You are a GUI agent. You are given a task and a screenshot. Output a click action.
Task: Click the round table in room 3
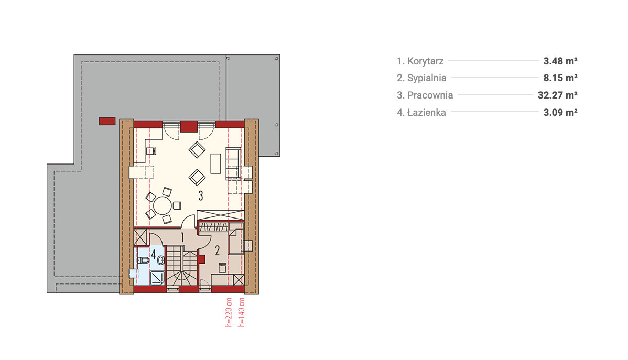[163, 206]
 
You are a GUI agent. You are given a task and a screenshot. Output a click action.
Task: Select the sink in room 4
[160, 260]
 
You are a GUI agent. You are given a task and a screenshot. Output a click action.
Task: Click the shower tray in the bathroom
[157, 278]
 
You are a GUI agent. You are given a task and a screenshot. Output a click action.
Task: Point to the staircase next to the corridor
[182, 266]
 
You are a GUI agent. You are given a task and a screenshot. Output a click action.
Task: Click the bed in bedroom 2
[235, 238]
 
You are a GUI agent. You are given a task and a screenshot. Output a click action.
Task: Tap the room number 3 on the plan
[201, 196]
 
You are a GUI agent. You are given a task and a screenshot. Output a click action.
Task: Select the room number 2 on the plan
[218, 250]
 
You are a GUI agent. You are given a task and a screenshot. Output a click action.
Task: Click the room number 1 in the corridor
[182, 237]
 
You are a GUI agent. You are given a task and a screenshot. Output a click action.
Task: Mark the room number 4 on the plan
[154, 254]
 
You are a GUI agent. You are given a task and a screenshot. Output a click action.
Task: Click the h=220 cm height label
[229, 312]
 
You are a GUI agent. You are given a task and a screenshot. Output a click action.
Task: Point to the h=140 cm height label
[242, 312]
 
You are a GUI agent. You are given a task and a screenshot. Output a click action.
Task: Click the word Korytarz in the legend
[425, 61]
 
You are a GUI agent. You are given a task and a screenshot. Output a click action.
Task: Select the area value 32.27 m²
[558, 95]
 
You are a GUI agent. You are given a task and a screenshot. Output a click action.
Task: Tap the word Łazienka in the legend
[427, 113]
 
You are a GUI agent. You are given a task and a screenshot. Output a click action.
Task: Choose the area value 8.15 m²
[560, 78]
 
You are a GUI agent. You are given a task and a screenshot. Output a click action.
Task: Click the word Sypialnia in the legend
[427, 78]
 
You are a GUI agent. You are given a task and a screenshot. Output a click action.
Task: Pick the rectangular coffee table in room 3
[216, 163]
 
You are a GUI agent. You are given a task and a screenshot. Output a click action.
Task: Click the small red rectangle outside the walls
[107, 122]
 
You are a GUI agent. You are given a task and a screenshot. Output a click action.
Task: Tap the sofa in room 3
[233, 164]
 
